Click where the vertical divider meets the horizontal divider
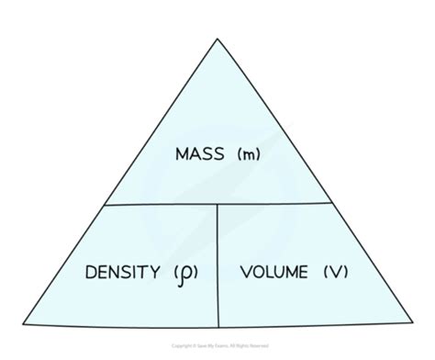(x=217, y=204)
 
